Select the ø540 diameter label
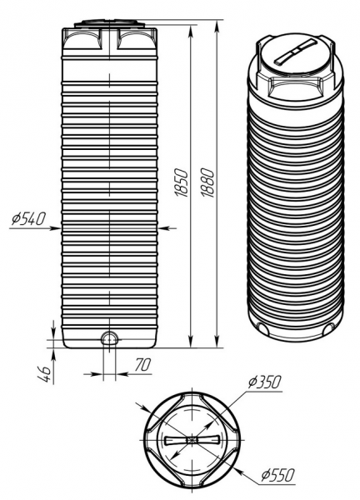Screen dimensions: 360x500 [x=29, y=218]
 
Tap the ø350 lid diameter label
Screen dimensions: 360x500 [x=265, y=382]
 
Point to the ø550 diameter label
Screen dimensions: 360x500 [x=277, y=475]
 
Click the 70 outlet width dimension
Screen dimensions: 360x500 [x=142, y=364]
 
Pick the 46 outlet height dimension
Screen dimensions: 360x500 [x=45, y=373]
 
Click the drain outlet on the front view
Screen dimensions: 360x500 [x=109, y=337]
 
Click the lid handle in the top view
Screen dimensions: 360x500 [x=192, y=440]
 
